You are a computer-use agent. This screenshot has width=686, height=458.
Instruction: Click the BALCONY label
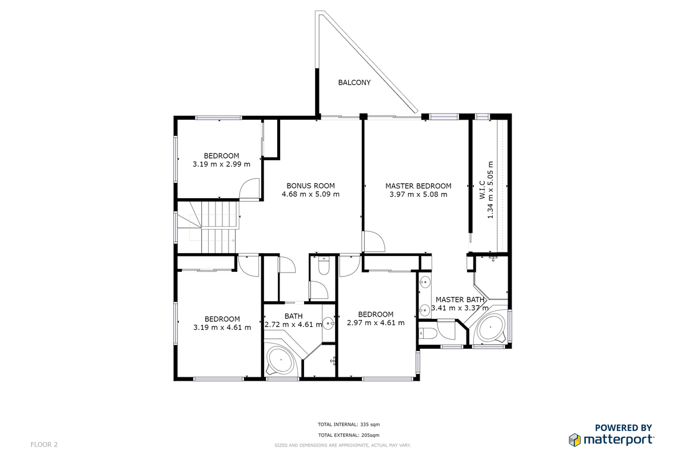tap(354, 82)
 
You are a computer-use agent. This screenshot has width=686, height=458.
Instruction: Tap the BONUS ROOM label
tap(310, 186)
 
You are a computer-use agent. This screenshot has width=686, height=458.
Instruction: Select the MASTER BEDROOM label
tap(418, 186)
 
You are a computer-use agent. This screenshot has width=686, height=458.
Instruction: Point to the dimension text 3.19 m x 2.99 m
tap(221, 164)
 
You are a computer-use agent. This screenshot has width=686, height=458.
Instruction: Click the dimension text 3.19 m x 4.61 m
tap(222, 327)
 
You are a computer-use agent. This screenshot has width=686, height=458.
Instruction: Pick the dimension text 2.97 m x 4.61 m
tap(376, 323)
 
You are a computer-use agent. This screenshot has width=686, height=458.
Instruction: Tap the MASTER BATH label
tap(460, 300)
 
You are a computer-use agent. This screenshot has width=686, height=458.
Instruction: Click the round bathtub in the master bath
tap(491, 328)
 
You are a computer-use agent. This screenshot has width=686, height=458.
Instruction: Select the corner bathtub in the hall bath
tap(280, 361)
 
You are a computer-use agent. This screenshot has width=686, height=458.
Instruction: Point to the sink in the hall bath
tap(329, 323)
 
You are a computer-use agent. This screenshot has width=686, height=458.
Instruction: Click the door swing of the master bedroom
tap(374, 242)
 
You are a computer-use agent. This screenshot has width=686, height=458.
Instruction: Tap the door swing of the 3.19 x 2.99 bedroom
tap(249, 189)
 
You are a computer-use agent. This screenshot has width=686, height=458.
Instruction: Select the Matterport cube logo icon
tap(575, 440)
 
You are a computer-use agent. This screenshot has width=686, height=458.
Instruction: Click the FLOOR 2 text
tap(44, 444)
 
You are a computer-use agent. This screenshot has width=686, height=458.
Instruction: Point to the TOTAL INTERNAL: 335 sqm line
tap(349, 425)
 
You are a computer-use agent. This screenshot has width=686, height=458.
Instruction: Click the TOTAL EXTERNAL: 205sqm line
tap(349, 435)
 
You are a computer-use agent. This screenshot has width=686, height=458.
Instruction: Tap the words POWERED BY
tap(624, 428)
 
